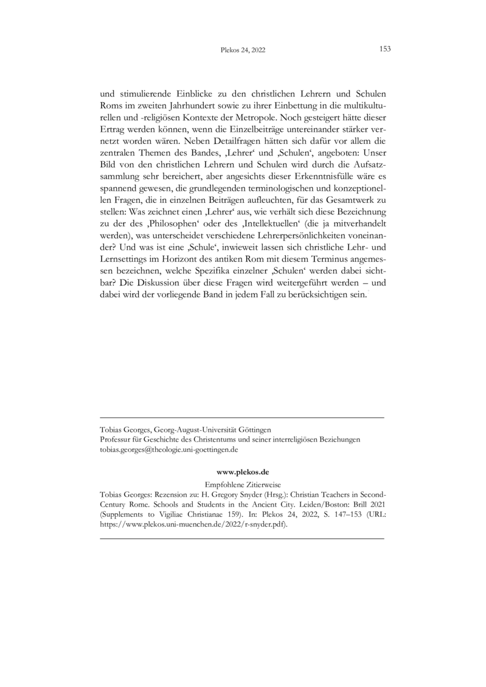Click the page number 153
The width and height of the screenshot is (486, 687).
(x=384, y=49)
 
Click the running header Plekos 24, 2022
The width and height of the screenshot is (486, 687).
(x=242, y=50)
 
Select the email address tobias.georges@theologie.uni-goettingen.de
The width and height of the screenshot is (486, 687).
(x=168, y=449)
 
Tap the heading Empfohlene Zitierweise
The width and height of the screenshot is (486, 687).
(x=242, y=484)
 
